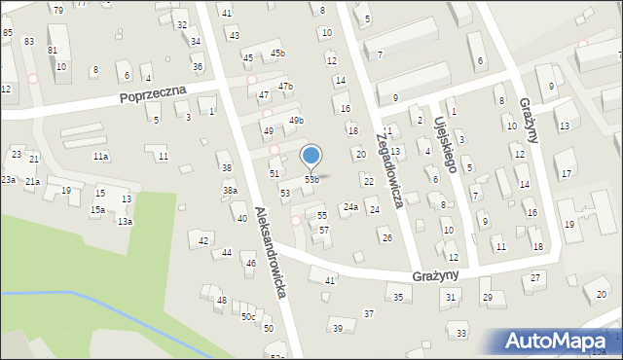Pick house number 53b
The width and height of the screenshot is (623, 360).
(311, 179)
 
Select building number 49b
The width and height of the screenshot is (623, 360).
(296, 121)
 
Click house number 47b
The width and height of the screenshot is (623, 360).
(285, 87)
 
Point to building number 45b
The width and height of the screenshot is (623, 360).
(277, 53)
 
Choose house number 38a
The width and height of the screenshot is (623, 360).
(230, 191)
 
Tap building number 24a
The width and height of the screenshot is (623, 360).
(350, 206)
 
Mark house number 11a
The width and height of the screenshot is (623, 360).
(100, 156)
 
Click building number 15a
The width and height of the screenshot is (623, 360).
(97, 209)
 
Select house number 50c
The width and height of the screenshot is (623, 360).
(248, 316)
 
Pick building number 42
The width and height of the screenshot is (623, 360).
(203, 240)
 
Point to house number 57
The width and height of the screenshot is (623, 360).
(324, 230)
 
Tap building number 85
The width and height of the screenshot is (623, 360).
(8, 33)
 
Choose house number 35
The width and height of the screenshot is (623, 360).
(397, 296)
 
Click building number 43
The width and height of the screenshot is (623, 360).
(234, 35)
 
